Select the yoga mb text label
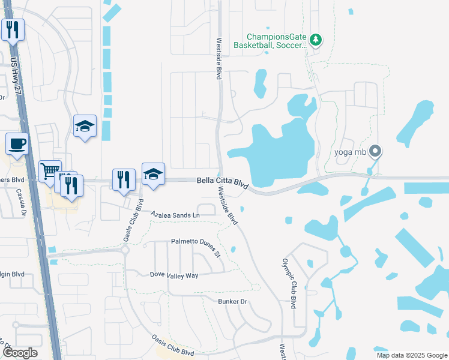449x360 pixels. coord(351,151)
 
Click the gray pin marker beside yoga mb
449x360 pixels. coord(375,151)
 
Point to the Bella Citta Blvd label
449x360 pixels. coord(223,183)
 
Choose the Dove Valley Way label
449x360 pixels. coord(173,275)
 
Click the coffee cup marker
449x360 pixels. coord(17,144)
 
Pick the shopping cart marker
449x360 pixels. coord(50,170)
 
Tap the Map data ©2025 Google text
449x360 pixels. coord(412,355)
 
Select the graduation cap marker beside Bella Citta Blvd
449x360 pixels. coord(153,174)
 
